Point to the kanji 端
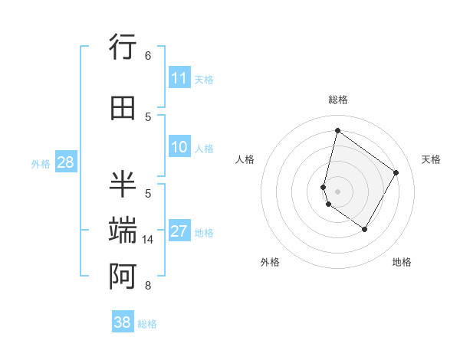pos(123,231)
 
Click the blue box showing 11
pos(179,78)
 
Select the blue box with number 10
pos(179,147)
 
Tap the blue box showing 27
pos(179,231)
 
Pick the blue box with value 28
pos(65,162)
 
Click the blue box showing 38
pos(123,322)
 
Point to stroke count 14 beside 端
pos(148,240)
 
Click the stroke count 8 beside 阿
pos(148,286)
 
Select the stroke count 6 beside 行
pos(148,56)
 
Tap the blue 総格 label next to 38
pos(147,324)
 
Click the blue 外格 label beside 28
pos(41,163)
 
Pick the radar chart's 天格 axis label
pos(432,159)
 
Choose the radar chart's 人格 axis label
pos(245,159)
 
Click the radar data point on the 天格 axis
pos(396,172)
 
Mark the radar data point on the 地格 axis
pos(364,229)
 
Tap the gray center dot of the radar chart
pos(338,191)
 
